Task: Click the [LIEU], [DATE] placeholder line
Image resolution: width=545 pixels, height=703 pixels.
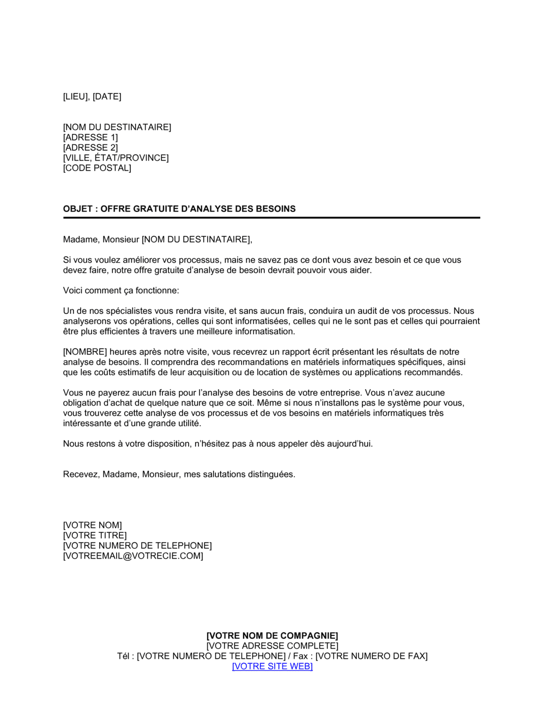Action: point(92,96)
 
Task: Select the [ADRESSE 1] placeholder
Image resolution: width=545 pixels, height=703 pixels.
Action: point(90,137)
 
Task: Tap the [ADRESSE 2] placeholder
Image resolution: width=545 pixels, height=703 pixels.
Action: point(90,148)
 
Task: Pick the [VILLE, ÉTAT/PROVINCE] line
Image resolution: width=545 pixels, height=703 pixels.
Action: point(116,158)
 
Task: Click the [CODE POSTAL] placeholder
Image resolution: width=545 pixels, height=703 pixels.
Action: point(97,168)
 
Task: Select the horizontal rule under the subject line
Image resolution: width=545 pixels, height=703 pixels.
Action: point(271,217)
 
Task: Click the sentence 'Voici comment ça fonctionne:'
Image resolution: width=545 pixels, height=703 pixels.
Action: point(121,290)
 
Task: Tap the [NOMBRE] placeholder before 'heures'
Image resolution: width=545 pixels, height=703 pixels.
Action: point(85,352)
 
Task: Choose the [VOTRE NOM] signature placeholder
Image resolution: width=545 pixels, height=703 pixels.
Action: point(93,525)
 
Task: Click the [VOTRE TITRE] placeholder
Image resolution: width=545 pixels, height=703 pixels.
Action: point(95,536)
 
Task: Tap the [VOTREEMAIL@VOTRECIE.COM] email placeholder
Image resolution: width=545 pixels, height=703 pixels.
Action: point(133,556)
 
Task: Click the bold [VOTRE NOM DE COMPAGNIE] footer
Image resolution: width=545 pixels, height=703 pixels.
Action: point(272,635)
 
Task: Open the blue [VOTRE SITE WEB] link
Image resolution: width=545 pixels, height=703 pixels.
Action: point(272,666)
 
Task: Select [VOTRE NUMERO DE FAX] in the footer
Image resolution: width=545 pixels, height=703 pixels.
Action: point(372,656)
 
